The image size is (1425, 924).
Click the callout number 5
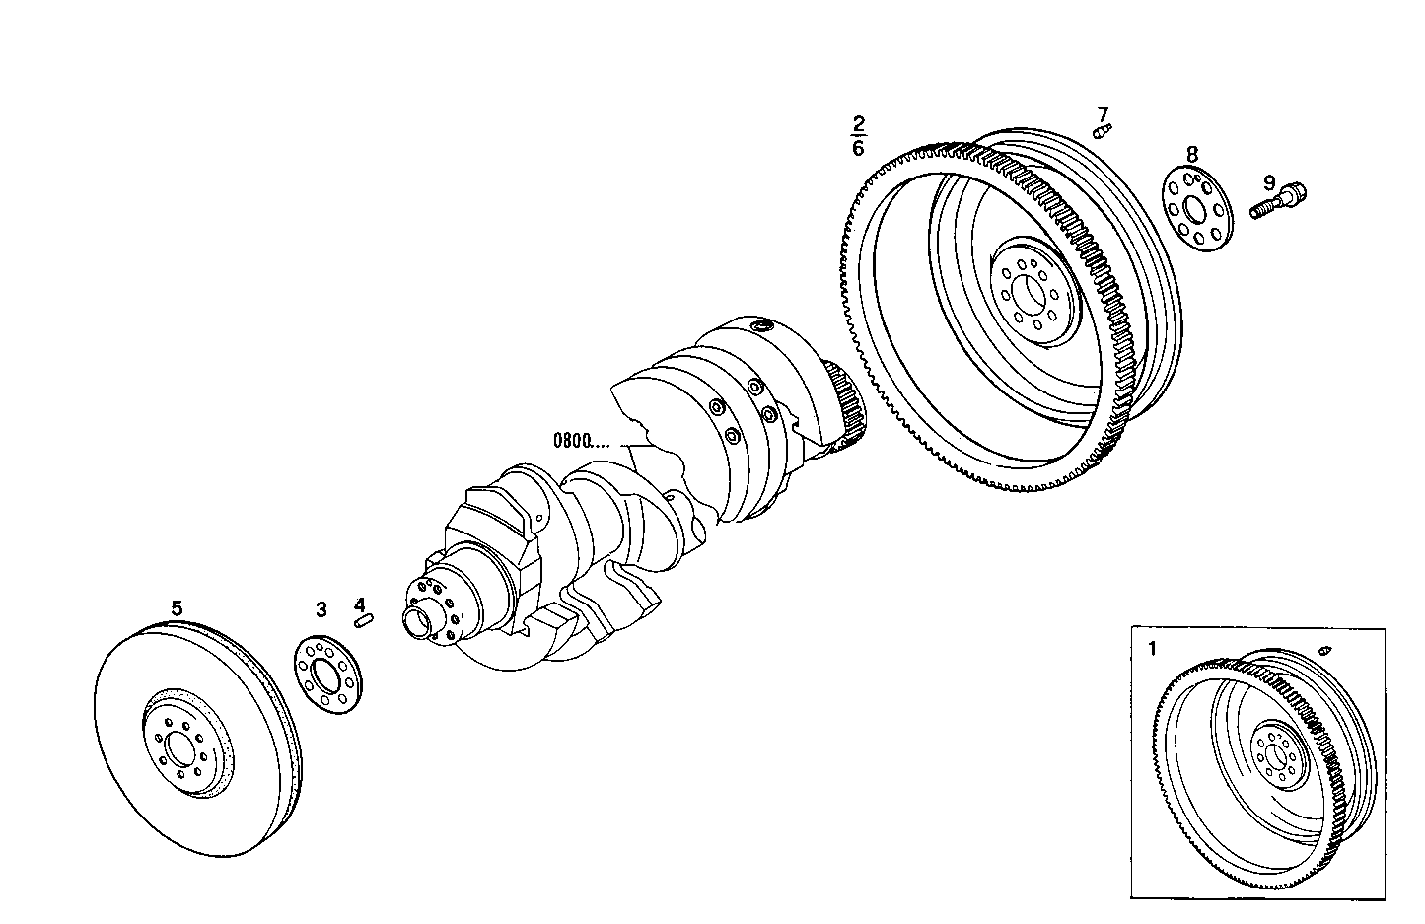tap(177, 608)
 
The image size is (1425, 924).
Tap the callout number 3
tap(321, 610)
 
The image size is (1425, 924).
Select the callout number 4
tap(360, 604)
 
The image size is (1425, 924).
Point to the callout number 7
tap(1103, 113)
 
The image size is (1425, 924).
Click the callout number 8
tap(1192, 154)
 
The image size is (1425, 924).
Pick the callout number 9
tap(1269, 182)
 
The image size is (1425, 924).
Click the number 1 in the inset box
tap(1153, 649)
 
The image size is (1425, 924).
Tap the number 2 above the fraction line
tap(858, 124)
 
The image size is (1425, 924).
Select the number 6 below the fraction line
tap(858, 148)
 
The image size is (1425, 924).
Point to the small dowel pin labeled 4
tap(363, 620)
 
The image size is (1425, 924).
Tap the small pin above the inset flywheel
tap(1324, 650)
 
